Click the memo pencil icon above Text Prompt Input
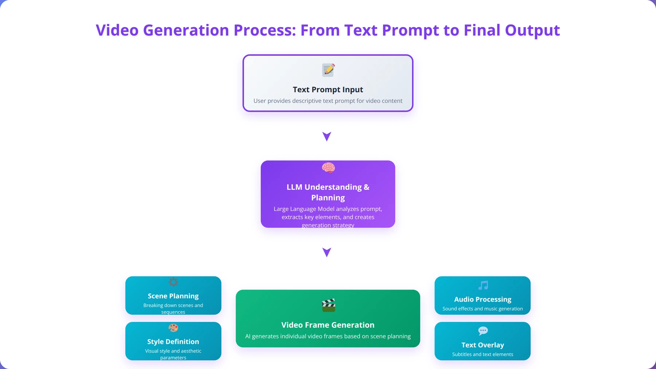(x=328, y=70)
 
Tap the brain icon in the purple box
(x=328, y=168)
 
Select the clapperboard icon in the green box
(x=328, y=305)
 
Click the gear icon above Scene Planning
(x=173, y=282)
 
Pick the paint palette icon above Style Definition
(x=173, y=328)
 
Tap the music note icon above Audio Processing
(x=483, y=285)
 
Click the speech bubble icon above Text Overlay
(x=483, y=331)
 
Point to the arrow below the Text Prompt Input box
(x=327, y=136)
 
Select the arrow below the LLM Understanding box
(x=327, y=252)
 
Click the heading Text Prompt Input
(x=328, y=90)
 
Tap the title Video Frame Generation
(x=328, y=325)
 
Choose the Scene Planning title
(x=173, y=296)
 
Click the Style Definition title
(x=173, y=342)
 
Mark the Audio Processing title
(x=483, y=299)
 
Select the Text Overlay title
(x=483, y=345)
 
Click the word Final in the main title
(x=482, y=30)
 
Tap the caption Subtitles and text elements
(x=483, y=354)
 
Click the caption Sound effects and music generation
(x=483, y=309)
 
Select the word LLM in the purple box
(x=294, y=187)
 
